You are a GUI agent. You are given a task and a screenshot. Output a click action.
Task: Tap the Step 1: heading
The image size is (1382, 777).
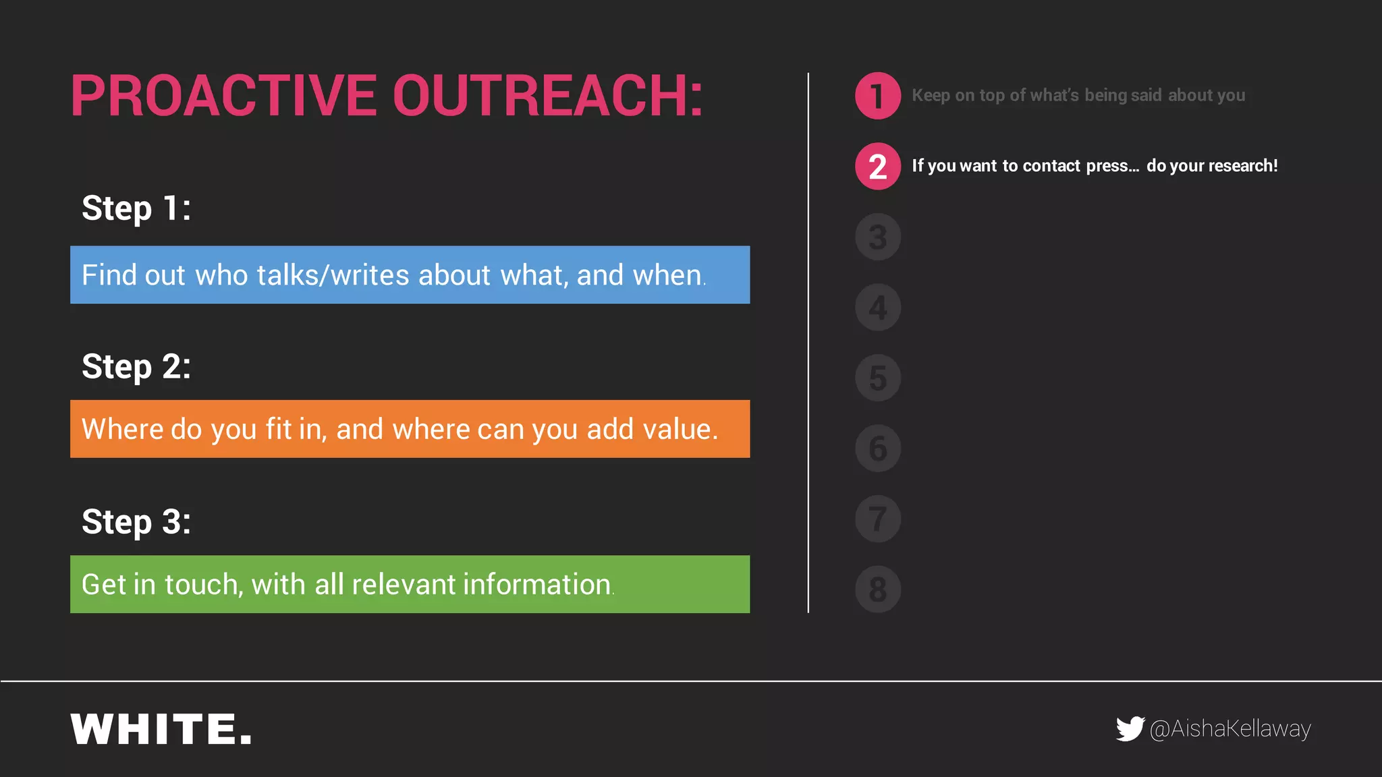click(136, 208)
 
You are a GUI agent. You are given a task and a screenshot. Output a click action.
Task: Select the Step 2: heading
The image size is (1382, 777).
click(136, 367)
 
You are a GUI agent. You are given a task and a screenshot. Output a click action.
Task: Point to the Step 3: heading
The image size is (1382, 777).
click(136, 522)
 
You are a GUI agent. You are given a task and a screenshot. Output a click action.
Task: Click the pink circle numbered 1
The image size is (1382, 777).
click(877, 96)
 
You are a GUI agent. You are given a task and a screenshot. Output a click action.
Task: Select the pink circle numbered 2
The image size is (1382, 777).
click(877, 167)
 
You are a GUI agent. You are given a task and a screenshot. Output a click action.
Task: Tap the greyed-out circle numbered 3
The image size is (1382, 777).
click(877, 237)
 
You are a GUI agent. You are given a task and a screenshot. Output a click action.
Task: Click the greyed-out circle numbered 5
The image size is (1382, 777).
click(877, 378)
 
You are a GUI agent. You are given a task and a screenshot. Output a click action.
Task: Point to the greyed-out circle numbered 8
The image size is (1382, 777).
click(877, 589)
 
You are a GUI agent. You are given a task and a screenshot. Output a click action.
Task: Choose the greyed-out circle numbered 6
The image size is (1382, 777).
click(877, 449)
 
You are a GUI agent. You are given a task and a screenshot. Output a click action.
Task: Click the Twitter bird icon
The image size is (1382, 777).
click(1130, 728)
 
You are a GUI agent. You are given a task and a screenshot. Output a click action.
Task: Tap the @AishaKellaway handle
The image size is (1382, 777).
click(1230, 729)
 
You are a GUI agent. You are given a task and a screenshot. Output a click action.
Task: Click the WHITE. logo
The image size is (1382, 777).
click(161, 729)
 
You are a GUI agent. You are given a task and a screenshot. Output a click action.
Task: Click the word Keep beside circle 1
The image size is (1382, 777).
click(931, 96)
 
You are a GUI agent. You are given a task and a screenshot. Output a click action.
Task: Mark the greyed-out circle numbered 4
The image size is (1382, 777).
click(877, 308)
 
